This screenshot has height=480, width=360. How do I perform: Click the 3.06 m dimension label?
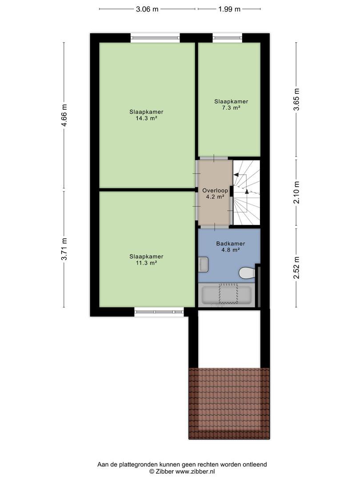147,9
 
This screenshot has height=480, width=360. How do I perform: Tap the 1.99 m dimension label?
229,9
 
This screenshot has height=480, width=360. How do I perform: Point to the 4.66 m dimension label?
64,116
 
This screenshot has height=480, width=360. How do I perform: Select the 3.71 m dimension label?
64,249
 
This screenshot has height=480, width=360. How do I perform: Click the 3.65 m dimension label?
296,100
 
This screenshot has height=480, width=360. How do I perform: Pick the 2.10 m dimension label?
296,192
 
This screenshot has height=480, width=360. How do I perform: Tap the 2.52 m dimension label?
296,268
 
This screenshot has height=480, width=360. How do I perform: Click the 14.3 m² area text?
146,118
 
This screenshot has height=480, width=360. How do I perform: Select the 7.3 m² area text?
231,108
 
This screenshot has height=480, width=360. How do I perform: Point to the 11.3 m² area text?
146,263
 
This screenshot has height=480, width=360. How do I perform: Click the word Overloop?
215,191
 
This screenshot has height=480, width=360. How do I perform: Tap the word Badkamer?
231,244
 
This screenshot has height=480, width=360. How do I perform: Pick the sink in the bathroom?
203,264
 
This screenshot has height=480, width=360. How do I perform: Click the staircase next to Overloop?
246,192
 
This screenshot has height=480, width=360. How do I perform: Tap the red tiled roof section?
229,404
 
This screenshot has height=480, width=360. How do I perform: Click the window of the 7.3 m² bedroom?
228,38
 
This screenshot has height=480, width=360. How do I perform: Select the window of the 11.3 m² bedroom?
159,312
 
